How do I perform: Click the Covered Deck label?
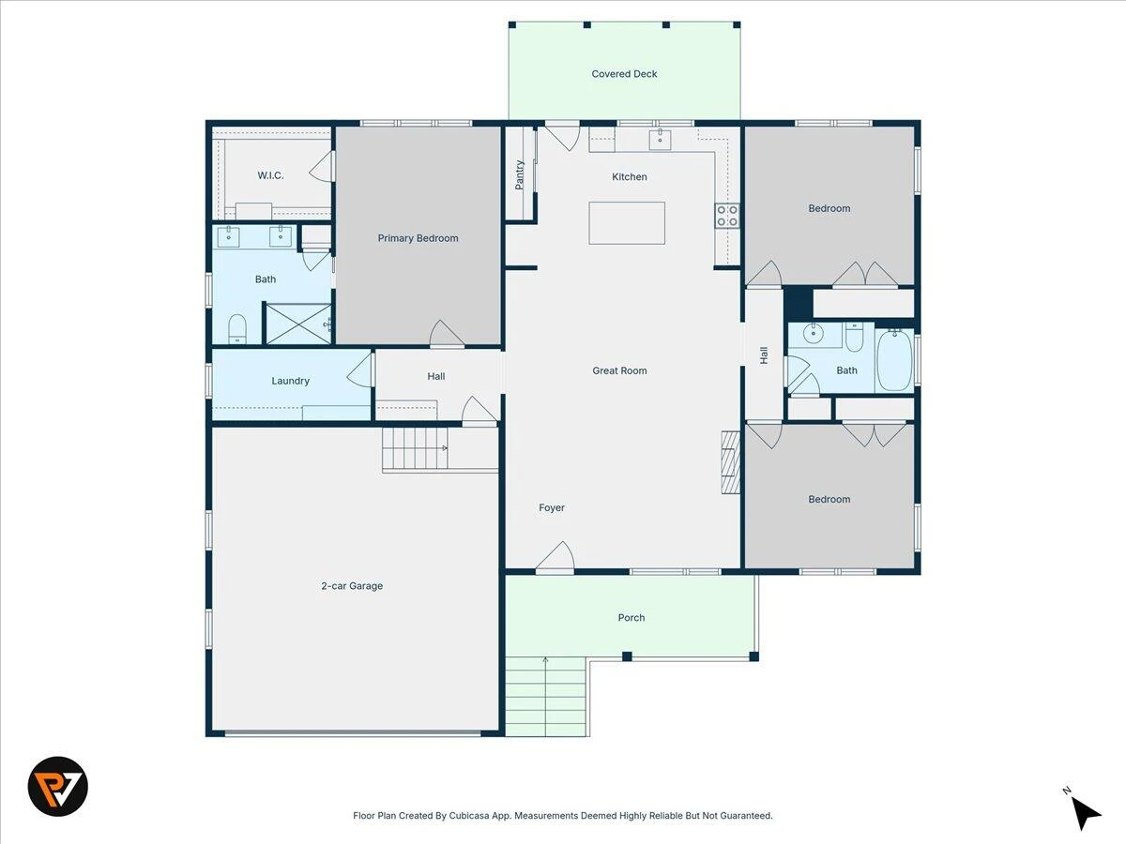(x=624, y=74)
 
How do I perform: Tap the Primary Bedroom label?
(x=418, y=238)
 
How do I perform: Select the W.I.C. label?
(x=270, y=175)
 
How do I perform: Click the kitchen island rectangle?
(x=627, y=223)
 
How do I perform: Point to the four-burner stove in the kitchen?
(x=727, y=216)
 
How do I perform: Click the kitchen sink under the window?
(x=660, y=140)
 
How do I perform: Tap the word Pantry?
(x=519, y=174)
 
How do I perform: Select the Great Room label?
(x=619, y=370)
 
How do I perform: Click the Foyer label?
(x=552, y=507)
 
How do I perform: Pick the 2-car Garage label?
(x=352, y=586)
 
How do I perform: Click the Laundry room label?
(x=290, y=381)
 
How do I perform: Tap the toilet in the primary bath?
(x=237, y=328)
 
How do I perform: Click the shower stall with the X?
(x=298, y=324)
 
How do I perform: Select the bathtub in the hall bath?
(x=894, y=360)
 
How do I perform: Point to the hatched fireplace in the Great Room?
(x=730, y=462)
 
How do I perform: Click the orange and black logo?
(x=58, y=786)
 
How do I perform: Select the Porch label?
(x=631, y=617)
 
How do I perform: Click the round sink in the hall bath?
(x=814, y=333)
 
